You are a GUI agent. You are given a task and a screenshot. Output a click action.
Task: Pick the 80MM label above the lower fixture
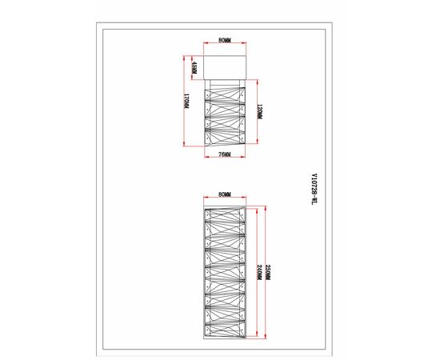pyautogui.click(x=224, y=194)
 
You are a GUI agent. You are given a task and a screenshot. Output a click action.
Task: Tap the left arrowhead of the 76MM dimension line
pyautogui.click(x=206, y=150)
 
